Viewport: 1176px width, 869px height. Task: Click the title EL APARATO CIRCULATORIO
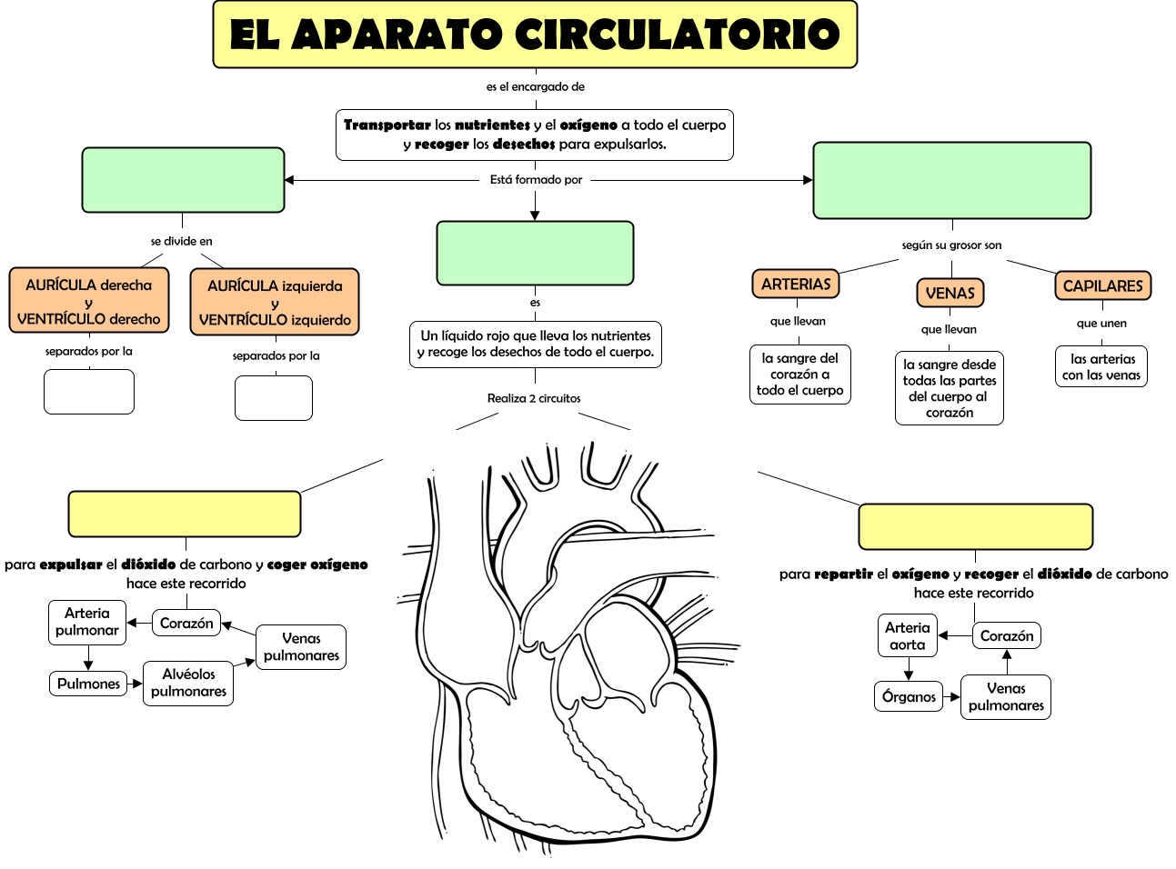[x=535, y=35]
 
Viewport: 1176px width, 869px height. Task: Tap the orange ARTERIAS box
[x=796, y=285]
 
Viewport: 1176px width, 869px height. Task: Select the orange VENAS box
[x=950, y=293]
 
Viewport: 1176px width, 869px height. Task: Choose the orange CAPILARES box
[x=1102, y=286]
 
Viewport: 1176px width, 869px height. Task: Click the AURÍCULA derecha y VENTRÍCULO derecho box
[x=89, y=302]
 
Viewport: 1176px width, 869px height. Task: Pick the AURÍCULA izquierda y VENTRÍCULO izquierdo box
[x=275, y=303]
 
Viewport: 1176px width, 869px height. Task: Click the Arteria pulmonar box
[x=87, y=622]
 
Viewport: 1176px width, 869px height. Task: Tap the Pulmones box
[x=88, y=684]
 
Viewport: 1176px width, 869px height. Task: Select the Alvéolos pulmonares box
[x=188, y=683]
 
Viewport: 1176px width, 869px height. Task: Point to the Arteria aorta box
[x=907, y=636]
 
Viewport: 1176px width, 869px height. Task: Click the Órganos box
[x=909, y=697]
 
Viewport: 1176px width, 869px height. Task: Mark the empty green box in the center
[x=535, y=254]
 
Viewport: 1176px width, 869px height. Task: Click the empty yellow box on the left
[x=185, y=514]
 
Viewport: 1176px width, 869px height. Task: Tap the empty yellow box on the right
[x=975, y=527]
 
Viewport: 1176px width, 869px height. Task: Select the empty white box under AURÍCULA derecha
[x=89, y=392]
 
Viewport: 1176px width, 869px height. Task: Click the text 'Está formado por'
[x=536, y=180]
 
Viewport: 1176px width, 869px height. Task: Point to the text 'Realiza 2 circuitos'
[x=534, y=398]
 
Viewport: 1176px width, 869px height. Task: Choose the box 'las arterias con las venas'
[x=1101, y=367]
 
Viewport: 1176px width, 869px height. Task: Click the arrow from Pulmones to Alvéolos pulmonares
[x=135, y=684]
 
